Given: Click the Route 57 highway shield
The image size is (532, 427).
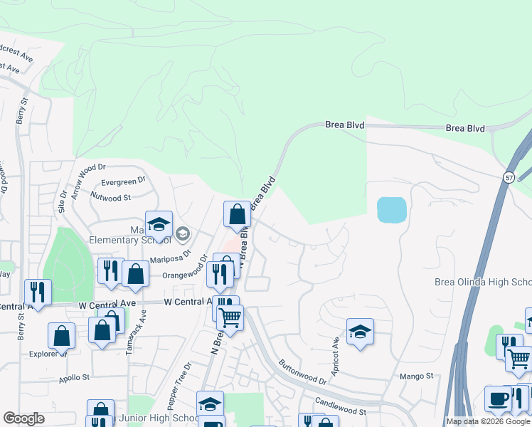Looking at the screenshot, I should (x=509, y=177).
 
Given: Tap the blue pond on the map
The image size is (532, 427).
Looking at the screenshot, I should (x=392, y=210).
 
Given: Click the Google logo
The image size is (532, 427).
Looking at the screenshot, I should (x=23, y=418).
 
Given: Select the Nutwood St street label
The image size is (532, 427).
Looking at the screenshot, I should (x=112, y=198).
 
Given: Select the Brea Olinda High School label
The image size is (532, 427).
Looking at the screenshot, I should (x=483, y=283).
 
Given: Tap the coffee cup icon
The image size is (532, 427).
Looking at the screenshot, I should (x=498, y=399).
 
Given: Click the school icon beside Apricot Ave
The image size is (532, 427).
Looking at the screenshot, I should (x=361, y=332).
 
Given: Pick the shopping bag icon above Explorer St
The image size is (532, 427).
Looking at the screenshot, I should (x=62, y=336).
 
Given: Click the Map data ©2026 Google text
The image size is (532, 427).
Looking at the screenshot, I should (x=488, y=421).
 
